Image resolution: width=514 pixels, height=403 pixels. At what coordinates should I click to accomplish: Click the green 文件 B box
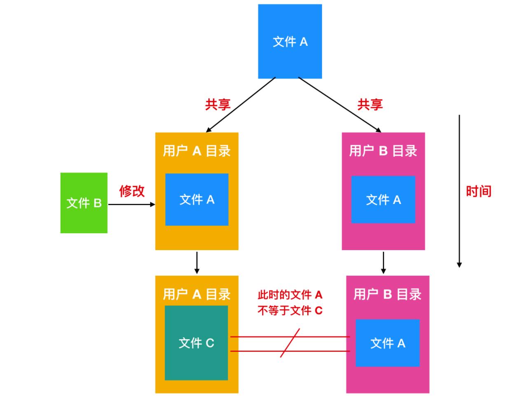(84, 203)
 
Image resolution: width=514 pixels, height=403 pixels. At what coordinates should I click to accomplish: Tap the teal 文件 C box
(196, 342)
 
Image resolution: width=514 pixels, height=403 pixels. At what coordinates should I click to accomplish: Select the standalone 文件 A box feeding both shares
(290, 41)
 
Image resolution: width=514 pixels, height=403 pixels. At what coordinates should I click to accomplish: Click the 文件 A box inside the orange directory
(196, 199)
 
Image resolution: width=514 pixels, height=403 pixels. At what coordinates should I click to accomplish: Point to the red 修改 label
(132, 191)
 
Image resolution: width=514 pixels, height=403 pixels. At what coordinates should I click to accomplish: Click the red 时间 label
(479, 191)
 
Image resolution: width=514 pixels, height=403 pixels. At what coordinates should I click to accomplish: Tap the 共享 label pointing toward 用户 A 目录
(217, 105)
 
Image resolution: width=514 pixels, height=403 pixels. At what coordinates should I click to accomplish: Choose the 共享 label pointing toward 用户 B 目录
(369, 105)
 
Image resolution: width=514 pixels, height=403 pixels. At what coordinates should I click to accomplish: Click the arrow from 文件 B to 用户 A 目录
(131, 204)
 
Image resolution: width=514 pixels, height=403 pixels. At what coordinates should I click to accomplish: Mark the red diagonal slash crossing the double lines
(290, 343)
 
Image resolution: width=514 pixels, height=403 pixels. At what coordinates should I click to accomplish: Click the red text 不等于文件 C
(290, 310)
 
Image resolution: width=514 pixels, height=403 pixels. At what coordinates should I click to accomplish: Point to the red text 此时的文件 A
(290, 295)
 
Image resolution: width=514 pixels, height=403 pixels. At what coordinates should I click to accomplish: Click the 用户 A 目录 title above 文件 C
(196, 294)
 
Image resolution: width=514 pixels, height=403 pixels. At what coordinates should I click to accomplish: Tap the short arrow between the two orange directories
(197, 262)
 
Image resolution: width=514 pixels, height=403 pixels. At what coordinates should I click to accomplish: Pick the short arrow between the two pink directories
(383, 262)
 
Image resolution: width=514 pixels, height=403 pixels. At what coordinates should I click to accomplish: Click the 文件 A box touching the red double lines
(387, 343)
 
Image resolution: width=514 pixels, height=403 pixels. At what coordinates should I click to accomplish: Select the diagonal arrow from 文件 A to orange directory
(241, 105)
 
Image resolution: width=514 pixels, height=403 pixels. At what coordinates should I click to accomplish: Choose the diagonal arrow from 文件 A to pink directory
(339, 105)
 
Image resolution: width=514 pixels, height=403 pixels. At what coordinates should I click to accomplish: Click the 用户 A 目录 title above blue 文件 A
(196, 151)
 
